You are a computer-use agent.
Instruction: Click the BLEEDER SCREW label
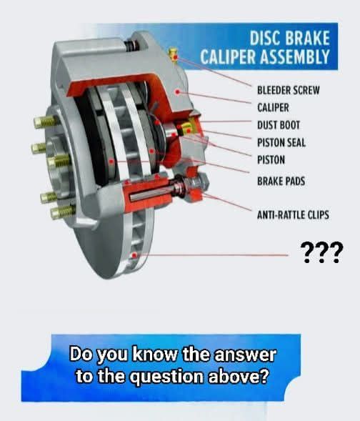coord(289,90)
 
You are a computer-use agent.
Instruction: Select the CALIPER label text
coord(273,108)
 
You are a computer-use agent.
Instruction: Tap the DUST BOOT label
coord(279,125)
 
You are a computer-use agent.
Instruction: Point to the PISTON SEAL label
coord(281,142)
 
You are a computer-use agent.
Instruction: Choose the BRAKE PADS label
coord(281,182)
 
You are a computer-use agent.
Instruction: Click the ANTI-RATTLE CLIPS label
coord(293,215)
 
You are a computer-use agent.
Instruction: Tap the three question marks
coord(321,252)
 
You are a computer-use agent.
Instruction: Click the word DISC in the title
coord(265,38)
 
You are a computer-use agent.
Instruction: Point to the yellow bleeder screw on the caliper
coord(174,55)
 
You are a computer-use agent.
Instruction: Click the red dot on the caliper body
coord(177,92)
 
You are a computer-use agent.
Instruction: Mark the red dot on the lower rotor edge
coord(134,255)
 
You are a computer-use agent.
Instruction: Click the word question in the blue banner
coord(168,377)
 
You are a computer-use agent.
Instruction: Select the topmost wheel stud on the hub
coord(46,122)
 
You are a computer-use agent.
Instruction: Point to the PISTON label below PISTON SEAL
coord(271,160)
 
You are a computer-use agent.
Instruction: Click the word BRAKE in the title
coord(307,38)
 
